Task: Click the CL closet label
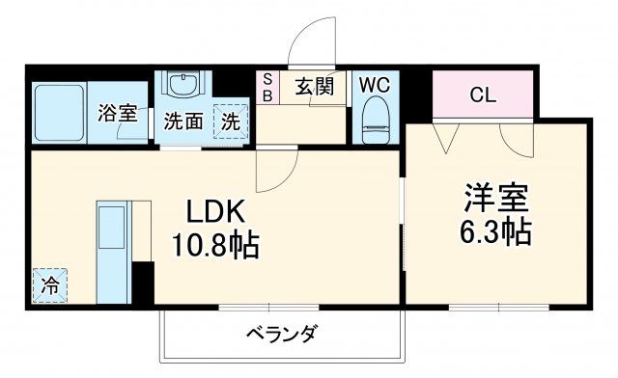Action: [x=483, y=94]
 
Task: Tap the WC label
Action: [x=374, y=85]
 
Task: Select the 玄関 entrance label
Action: [x=314, y=87]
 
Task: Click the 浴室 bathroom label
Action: [x=117, y=112]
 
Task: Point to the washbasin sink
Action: [x=182, y=87]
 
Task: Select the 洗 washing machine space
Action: [x=231, y=121]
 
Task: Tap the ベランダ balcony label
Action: [x=282, y=335]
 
